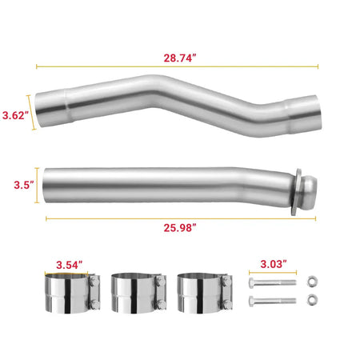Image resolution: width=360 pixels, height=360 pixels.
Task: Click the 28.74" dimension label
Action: (x=179, y=58)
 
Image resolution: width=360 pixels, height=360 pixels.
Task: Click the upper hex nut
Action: (x=313, y=282)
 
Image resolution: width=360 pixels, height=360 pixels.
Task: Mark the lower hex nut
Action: (x=313, y=302)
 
